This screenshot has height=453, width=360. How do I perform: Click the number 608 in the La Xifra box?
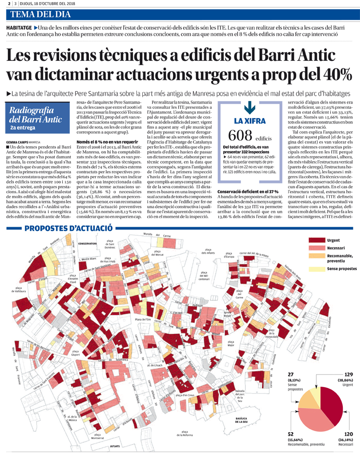[x=240, y=135]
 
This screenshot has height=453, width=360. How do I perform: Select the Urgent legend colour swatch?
[x=316, y=240]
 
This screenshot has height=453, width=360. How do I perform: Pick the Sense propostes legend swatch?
[x=316, y=269]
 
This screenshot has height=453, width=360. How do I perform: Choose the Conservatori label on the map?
[x=87, y=243]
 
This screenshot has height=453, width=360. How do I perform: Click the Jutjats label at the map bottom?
[x=115, y=446]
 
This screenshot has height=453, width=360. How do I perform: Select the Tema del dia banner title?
[x=37, y=14]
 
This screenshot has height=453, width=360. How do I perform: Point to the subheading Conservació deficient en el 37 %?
[x=247, y=191]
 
